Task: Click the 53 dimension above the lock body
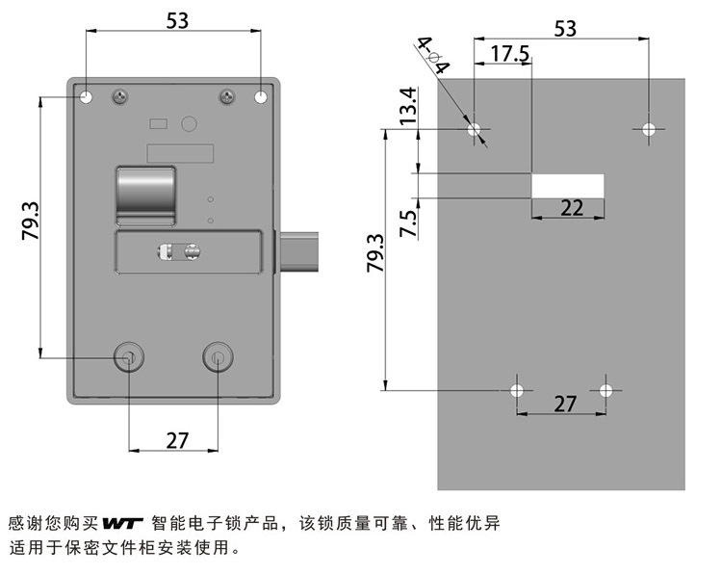coord(177,19)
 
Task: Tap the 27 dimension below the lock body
coord(177,440)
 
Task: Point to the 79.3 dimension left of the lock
coord(29,221)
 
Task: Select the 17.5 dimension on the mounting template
coord(509,54)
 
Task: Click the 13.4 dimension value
coord(408,106)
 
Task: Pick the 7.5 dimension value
coord(408,223)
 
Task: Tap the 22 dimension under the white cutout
coord(572,207)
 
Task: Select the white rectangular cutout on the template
coord(567,186)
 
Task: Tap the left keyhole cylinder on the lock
coord(128,358)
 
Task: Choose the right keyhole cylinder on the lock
coord(219,358)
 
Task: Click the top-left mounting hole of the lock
coord(86,96)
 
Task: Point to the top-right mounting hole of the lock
coord(262,96)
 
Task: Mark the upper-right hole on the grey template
coord(649,128)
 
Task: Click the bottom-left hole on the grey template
coord(517,390)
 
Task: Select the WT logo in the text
coord(121,524)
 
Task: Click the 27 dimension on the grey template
coord(565,404)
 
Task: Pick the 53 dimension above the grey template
coord(565,28)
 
